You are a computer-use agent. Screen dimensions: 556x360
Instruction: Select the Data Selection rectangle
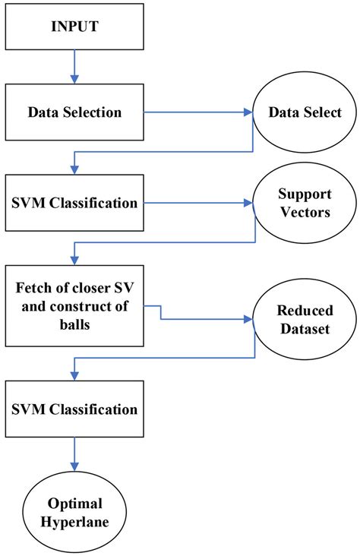74,112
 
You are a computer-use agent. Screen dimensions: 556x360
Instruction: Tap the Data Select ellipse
303,112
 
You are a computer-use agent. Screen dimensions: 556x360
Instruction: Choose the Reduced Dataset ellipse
303,317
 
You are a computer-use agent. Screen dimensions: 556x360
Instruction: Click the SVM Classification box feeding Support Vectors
74,203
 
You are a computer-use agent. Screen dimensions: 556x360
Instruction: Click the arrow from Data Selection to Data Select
197,112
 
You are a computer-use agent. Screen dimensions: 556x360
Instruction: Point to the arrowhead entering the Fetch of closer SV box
74,258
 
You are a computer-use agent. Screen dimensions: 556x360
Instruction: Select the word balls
74,322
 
